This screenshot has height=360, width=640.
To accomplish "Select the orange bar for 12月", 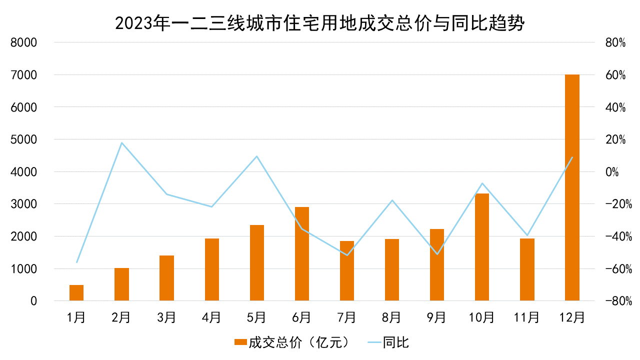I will tap(572, 187).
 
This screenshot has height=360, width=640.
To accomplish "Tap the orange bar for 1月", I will tap(76, 293).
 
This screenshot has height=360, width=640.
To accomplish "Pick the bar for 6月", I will tap(302, 254).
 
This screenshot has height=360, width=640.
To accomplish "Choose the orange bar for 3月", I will tap(166, 278).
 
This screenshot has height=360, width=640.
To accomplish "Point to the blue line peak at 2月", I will tap(121, 143).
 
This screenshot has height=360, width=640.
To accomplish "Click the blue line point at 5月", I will tap(256, 156).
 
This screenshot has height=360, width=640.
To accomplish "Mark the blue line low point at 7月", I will tap(347, 255).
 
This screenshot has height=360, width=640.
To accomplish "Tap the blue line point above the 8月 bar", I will tap(392, 200).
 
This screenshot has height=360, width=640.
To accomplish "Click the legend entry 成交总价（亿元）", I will tap(295, 342).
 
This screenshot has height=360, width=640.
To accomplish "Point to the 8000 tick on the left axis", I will tap(24, 42).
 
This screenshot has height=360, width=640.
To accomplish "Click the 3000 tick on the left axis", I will tap(24, 204).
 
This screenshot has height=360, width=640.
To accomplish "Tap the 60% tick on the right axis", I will tap(615, 75).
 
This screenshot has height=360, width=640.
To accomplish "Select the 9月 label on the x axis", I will tap(436, 317).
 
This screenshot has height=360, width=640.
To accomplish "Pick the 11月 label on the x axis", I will tap(527, 317).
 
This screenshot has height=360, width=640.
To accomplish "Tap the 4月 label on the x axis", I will tap(211, 317).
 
